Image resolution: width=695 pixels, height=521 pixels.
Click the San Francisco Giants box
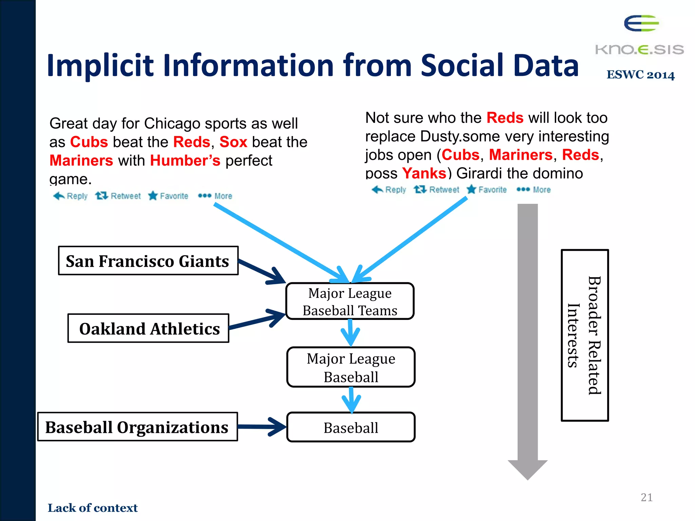pos(148,260)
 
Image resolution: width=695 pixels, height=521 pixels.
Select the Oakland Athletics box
pos(148,328)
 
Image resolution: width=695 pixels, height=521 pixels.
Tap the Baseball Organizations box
pos(137,427)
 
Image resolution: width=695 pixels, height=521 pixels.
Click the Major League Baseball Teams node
pos(350,301)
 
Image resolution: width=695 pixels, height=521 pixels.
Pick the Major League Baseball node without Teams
pos(351,367)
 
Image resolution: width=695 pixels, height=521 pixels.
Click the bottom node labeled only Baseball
pos(351,427)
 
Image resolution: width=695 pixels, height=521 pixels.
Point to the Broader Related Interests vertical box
pos(584,335)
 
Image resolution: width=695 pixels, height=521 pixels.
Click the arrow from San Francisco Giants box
pos(261,271)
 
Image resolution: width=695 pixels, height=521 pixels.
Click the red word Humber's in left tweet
pos(185,160)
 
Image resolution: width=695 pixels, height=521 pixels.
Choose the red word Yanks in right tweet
pos(424,173)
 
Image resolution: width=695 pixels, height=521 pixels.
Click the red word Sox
pos(233,142)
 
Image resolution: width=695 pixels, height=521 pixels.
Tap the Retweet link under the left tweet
pos(118,196)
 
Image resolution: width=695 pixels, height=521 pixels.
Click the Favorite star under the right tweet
pos(471,189)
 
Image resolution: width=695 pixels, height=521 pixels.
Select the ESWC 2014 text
pos(640,75)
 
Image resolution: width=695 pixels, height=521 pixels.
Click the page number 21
pos(646,497)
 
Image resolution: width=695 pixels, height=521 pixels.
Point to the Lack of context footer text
pos(93,508)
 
